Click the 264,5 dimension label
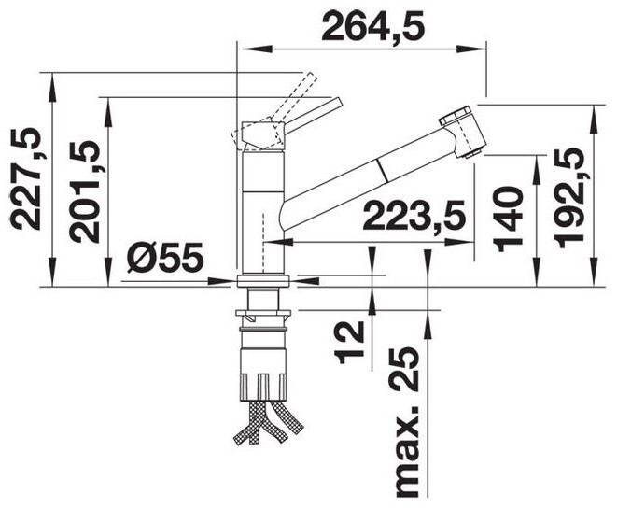pyautogui.click(x=372, y=26)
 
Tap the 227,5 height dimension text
pyautogui.click(x=26, y=179)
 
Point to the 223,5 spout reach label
pyautogui.click(x=414, y=215)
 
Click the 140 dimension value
pyautogui.click(x=510, y=219)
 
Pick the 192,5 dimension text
pyautogui.click(x=568, y=198)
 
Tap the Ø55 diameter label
pyautogui.click(x=165, y=258)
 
